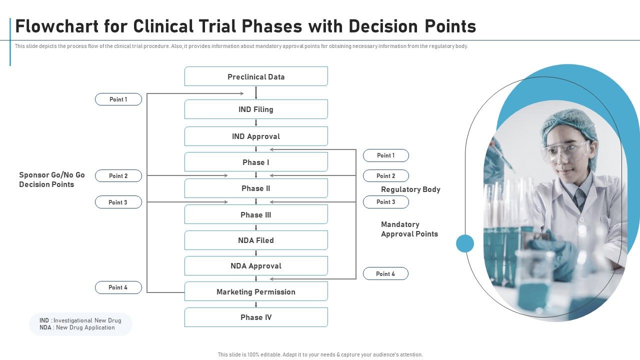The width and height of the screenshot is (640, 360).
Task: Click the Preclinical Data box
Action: (x=256, y=76)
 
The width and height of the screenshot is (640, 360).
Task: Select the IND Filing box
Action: (x=256, y=109)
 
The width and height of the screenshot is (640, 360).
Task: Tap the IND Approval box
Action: (x=256, y=136)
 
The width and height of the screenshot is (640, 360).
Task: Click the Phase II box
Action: (x=256, y=188)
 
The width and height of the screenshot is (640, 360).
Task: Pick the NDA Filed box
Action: (x=256, y=240)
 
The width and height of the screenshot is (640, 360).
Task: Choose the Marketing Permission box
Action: (x=256, y=291)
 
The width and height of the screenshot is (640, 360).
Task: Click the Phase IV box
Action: (x=256, y=317)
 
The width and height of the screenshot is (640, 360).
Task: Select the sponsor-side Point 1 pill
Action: (x=118, y=99)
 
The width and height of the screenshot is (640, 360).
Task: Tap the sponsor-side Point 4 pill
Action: (x=118, y=287)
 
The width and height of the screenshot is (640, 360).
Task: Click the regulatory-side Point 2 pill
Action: (x=385, y=176)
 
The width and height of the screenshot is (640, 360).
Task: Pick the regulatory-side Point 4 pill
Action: (x=385, y=273)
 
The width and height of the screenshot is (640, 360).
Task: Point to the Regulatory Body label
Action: (x=410, y=189)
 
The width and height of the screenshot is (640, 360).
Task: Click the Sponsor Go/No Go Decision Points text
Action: (x=52, y=179)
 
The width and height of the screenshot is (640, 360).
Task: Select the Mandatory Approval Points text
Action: (x=409, y=229)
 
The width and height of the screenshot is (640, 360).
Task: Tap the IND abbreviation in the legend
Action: (x=44, y=320)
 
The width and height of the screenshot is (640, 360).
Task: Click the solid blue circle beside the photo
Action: (x=465, y=243)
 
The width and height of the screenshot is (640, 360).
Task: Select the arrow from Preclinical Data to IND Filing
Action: (x=256, y=92)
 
